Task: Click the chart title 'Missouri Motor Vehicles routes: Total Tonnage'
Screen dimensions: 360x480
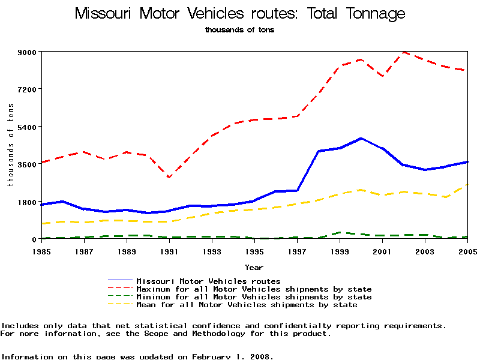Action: tap(240, 14)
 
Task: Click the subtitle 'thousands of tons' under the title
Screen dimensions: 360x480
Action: tap(239, 29)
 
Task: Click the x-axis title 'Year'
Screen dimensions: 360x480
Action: tap(254, 267)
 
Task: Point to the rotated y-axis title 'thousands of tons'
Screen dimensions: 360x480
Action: tap(10, 145)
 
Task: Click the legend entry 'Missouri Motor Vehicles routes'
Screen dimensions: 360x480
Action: tap(208, 281)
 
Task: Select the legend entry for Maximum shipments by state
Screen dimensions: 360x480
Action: tap(254, 289)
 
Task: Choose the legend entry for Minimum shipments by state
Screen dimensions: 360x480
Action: tap(254, 297)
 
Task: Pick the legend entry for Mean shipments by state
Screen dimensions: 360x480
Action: tap(247, 305)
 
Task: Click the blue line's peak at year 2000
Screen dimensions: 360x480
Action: tap(361, 139)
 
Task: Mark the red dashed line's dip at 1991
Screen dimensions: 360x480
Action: tap(169, 178)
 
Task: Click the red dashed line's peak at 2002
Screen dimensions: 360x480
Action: tap(404, 52)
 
